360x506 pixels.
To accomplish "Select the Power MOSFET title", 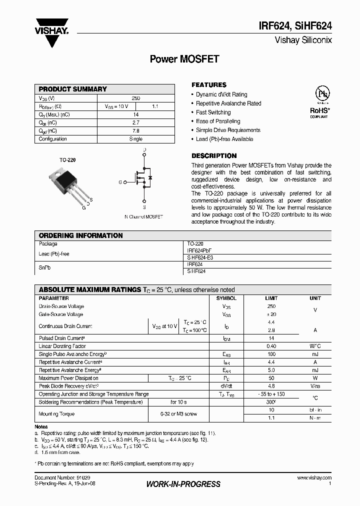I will coord(184,58).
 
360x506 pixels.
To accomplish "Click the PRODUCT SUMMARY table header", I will coord(73,89).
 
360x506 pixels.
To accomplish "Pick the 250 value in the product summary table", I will coord(136,98).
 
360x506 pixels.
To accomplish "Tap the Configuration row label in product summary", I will coord(53,139).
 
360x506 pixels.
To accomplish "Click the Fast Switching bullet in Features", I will coord(213,112).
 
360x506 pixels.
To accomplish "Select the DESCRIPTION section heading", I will coord(214,155).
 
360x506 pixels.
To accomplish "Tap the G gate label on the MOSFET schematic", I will coord(120,182).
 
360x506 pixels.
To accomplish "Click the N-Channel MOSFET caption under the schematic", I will coord(143,217).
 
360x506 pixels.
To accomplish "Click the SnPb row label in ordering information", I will coord(45,267).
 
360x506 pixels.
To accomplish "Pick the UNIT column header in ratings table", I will coord(315,298).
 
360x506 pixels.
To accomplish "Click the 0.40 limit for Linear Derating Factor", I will coord(271,346).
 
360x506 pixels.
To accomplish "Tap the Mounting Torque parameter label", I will coord(57,414).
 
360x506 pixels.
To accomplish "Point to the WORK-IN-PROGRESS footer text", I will coord(183,484).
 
